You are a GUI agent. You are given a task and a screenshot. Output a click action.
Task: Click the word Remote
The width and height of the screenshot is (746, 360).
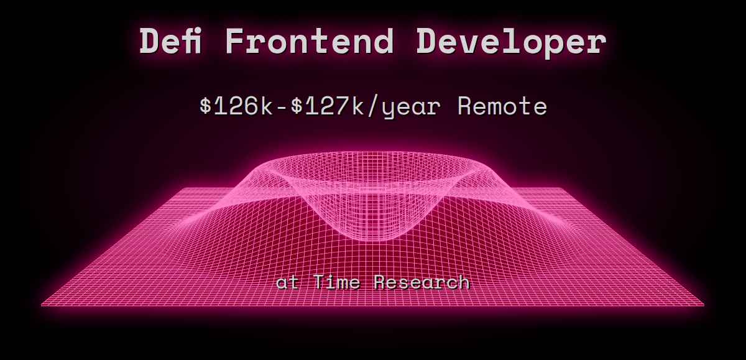coord(502,107)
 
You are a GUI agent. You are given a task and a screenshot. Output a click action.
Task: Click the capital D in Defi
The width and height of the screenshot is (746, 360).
coord(150,42)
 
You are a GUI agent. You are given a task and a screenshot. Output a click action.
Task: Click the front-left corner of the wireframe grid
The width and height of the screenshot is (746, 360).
coord(42,305)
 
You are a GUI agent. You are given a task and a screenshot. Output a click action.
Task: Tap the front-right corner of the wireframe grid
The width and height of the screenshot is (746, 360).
coord(704,305)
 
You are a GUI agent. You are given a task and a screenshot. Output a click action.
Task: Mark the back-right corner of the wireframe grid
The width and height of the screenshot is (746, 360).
coord(562,188)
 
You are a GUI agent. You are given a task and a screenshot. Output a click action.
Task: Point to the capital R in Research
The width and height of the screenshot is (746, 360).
coord(381,283)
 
